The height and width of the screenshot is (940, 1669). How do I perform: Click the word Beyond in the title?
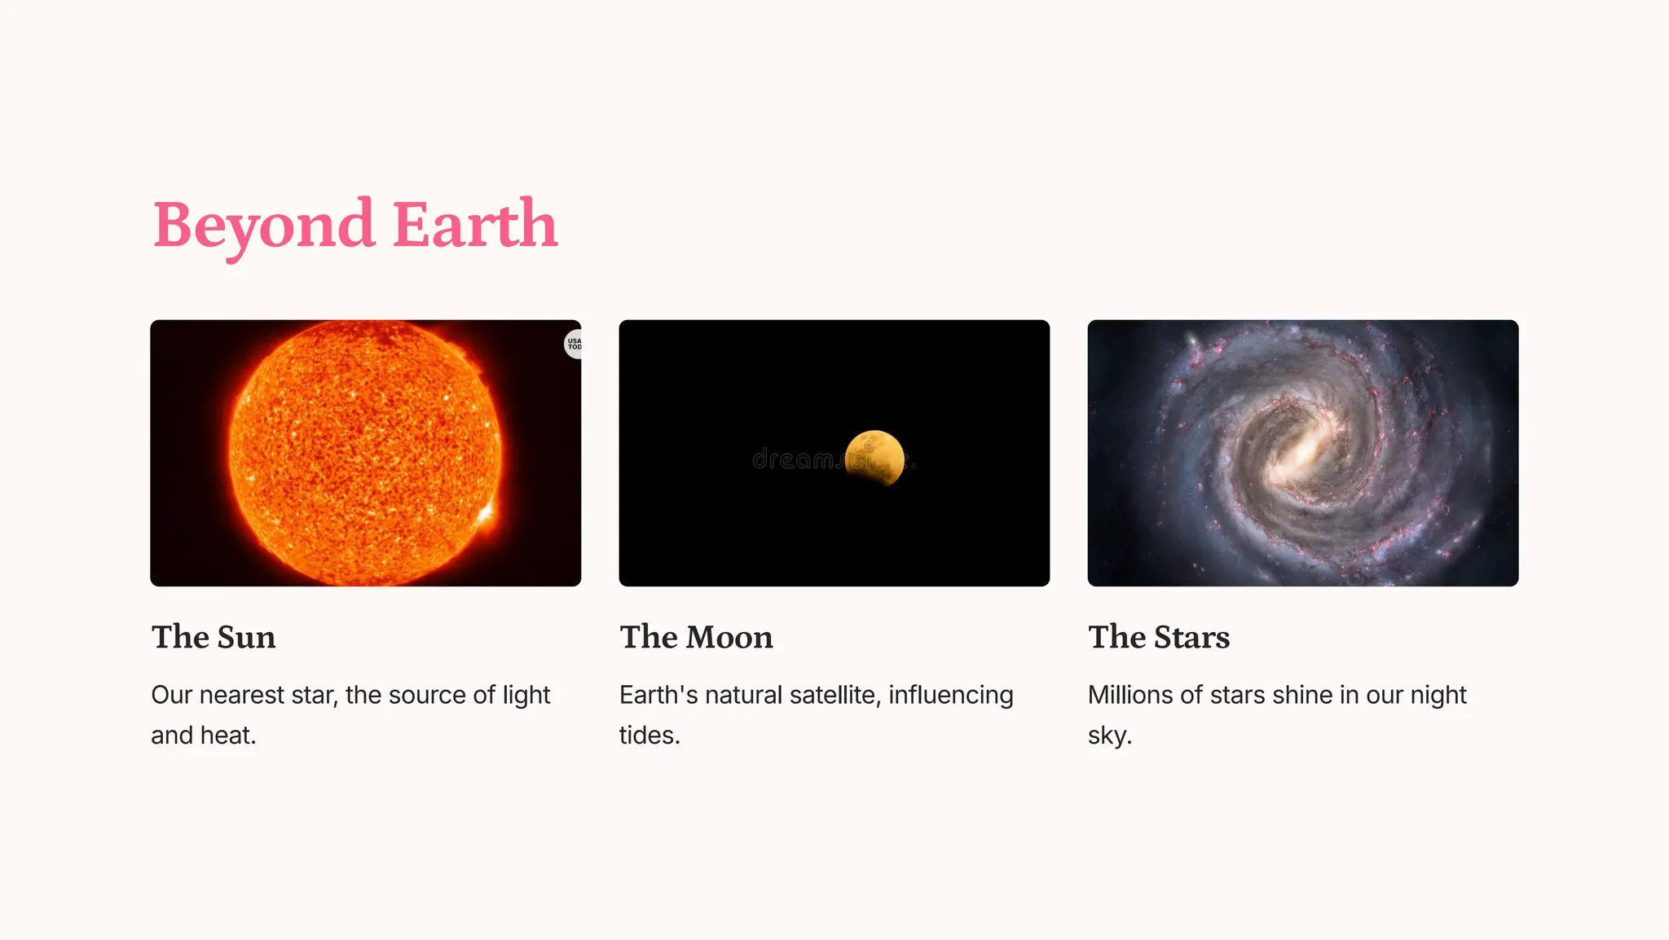coord(263,225)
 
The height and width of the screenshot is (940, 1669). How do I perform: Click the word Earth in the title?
coord(475,225)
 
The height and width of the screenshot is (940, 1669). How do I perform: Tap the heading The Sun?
coord(214,637)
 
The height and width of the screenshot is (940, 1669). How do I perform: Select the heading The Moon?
coord(696,637)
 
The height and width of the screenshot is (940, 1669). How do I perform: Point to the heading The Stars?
coord(1159,637)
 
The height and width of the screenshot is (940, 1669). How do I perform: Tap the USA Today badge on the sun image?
coord(574,344)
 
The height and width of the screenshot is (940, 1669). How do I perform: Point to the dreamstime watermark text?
coord(795,460)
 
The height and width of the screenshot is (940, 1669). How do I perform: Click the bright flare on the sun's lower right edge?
coord(486,514)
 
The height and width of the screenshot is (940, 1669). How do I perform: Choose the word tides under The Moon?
coord(649,735)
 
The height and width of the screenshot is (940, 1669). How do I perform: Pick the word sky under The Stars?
coord(1108,736)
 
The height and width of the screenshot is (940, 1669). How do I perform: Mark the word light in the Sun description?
coord(526,695)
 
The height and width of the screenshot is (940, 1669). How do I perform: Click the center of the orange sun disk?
coord(365,452)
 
